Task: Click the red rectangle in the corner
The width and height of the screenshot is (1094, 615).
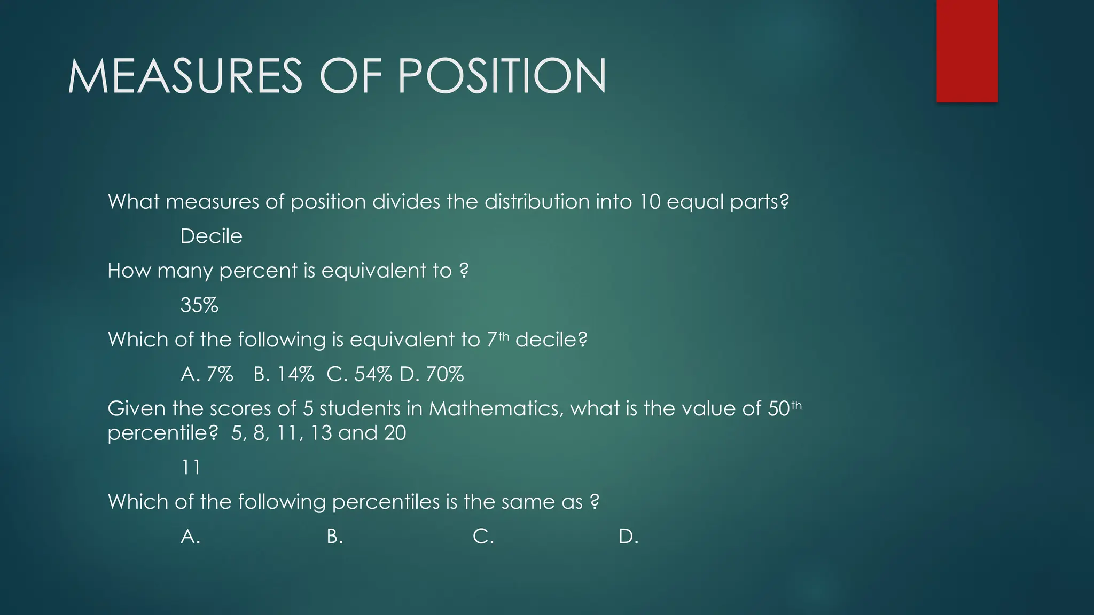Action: pos(967,51)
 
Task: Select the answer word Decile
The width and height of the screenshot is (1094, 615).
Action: pos(212,236)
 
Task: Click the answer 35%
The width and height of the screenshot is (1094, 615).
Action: pos(199,305)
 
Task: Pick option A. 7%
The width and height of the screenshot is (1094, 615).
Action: pos(207,374)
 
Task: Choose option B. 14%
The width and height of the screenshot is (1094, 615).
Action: pos(284,374)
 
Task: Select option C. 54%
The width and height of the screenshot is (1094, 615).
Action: pos(359,374)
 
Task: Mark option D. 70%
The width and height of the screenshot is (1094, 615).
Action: pos(432,374)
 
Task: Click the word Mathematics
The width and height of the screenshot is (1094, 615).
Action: pos(495,408)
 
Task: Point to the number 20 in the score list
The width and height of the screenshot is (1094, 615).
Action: pos(395,433)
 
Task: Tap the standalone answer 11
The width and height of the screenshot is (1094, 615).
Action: pos(191,468)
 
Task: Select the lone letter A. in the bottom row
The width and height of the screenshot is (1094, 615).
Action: pos(190,537)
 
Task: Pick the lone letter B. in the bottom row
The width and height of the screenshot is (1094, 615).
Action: pos(334,537)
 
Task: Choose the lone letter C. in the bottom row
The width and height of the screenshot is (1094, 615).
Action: pos(483,537)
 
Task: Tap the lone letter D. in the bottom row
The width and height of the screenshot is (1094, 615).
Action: pos(628,537)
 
